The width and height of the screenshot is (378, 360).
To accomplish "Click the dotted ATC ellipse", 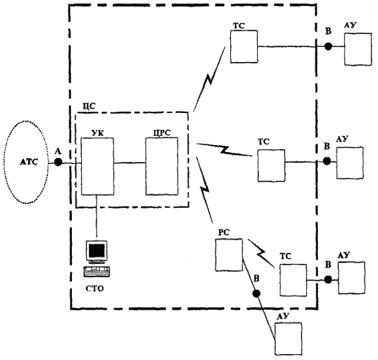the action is [x=5, y=162].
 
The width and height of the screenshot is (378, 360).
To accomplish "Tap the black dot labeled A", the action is [x=58, y=162].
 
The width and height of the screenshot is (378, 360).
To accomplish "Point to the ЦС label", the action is [x=89, y=106].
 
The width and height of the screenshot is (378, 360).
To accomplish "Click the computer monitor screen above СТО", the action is [x=97, y=251].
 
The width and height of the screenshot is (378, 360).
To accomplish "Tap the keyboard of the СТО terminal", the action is [x=97, y=272].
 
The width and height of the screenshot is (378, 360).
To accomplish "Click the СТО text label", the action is [x=95, y=289].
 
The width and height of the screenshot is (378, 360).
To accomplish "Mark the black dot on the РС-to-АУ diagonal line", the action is [x=256, y=293].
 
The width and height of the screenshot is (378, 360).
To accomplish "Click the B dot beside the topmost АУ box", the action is [x=328, y=46].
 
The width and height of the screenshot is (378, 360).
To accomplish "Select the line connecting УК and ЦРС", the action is [x=129, y=163].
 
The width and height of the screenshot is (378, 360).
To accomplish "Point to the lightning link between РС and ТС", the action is [x=262, y=254].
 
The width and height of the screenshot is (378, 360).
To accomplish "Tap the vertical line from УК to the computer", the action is [x=97, y=216].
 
